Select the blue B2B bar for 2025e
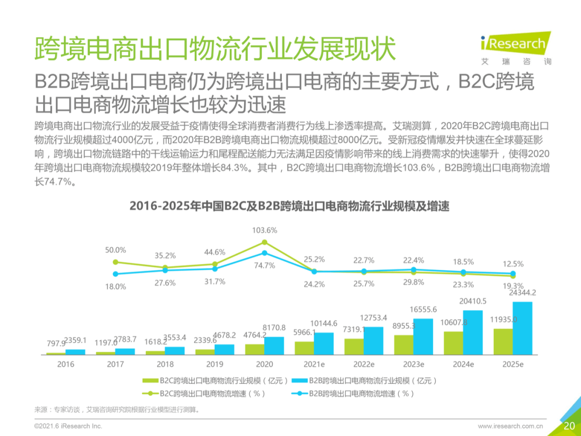point(522,328)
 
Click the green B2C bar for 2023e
point(403,344)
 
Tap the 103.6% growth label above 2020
point(265,230)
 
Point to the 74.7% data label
point(265,265)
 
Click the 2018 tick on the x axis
point(166,364)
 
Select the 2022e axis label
point(364,364)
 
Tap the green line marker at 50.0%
point(115,262)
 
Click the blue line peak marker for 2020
point(264,252)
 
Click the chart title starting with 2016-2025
point(289,206)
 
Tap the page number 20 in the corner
point(569,426)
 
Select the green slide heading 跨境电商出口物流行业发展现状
point(215,48)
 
